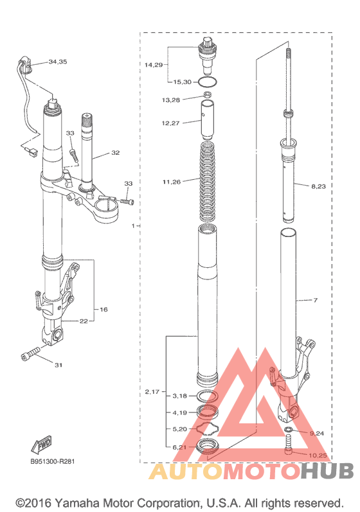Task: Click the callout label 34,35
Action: click(58, 62)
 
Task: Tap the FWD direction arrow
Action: click(42, 445)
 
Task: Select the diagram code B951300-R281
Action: click(52, 462)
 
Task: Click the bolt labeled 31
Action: click(30, 353)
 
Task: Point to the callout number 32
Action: click(115, 152)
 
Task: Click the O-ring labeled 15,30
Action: click(208, 82)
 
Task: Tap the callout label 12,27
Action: click(170, 123)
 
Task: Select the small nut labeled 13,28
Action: click(208, 95)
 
